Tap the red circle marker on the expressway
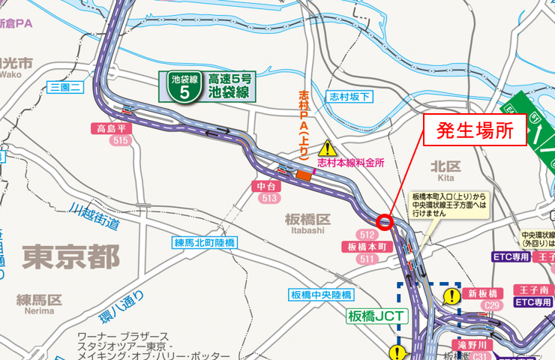tap(385, 221)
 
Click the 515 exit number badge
tap(119, 140)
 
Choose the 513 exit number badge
tap(270, 198)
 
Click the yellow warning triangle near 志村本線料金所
tap(328, 148)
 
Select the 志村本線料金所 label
tap(350, 161)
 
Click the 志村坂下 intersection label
tap(349, 97)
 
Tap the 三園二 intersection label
tap(64, 88)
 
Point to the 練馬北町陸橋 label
tap(205, 242)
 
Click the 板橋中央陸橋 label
tap(321, 295)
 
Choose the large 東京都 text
tap(70, 257)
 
